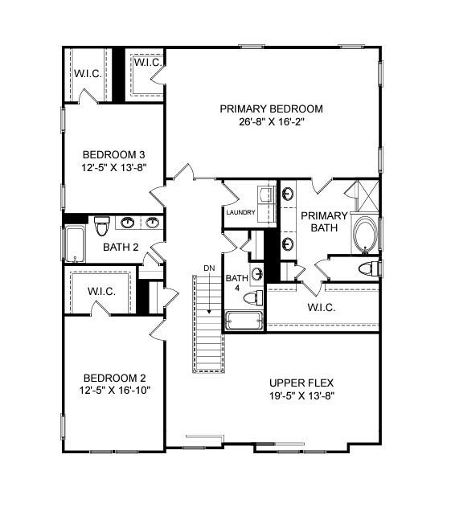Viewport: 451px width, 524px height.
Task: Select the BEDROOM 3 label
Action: click(x=114, y=154)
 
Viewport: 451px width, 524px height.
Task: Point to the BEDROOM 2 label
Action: click(x=114, y=378)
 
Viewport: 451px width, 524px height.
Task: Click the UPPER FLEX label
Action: click(x=301, y=383)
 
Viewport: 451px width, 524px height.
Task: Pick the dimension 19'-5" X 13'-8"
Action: click(x=301, y=395)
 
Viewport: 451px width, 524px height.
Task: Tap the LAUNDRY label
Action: click(x=240, y=213)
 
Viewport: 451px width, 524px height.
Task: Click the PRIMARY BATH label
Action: click(x=324, y=221)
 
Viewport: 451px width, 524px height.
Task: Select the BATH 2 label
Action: click(x=121, y=247)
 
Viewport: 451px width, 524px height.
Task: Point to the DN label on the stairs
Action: click(x=209, y=268)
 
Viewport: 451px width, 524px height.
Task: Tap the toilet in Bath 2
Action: click(x=101, y=225)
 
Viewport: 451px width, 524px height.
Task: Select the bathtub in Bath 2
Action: click(x=76, y=244)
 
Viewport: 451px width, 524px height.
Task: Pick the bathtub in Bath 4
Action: click(x=244, y=321)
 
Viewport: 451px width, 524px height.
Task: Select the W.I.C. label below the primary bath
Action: click(x=322, y=308)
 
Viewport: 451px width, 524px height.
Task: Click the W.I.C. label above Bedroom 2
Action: click(x=101, y=291)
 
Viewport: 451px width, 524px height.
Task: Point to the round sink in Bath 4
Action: click(x=257, y=275)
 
